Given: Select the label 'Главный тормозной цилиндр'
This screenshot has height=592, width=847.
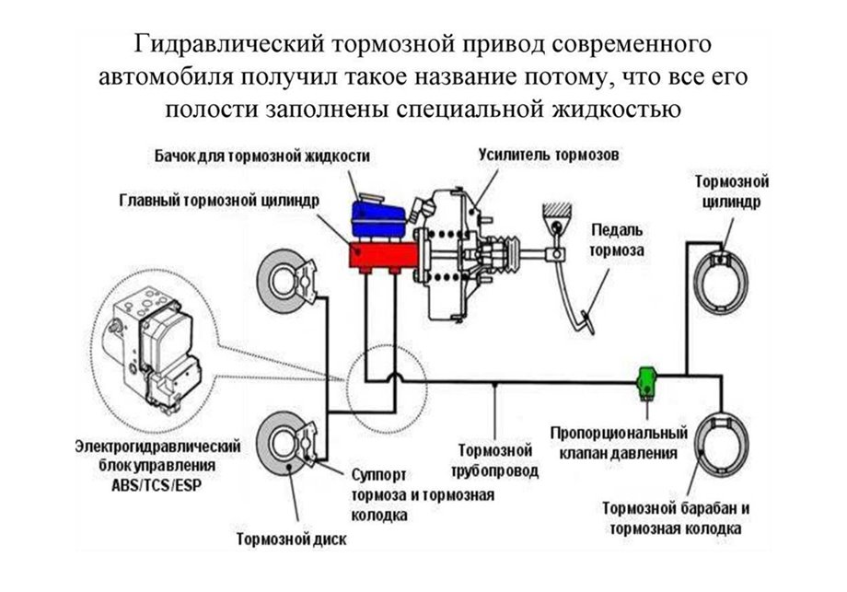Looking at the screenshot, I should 219,200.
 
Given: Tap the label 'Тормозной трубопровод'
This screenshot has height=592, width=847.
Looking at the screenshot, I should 496,460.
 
